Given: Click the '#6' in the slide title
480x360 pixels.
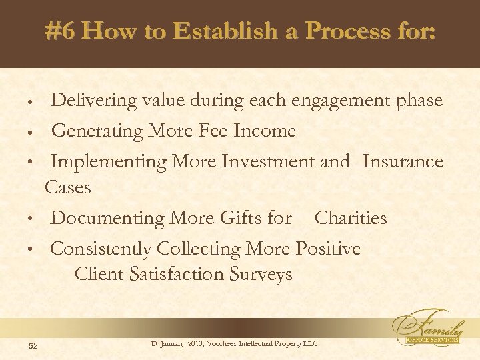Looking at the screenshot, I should (x=61, y=31).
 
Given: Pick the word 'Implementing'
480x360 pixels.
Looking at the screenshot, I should (x=107, y=162).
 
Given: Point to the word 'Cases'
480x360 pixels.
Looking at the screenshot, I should (x=67, y=188).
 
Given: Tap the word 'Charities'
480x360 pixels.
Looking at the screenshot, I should (x=350, y=218).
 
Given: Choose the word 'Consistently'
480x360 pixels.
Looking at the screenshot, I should (x=101, y=249).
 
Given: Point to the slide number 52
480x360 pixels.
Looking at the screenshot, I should (x=33, y=344).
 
